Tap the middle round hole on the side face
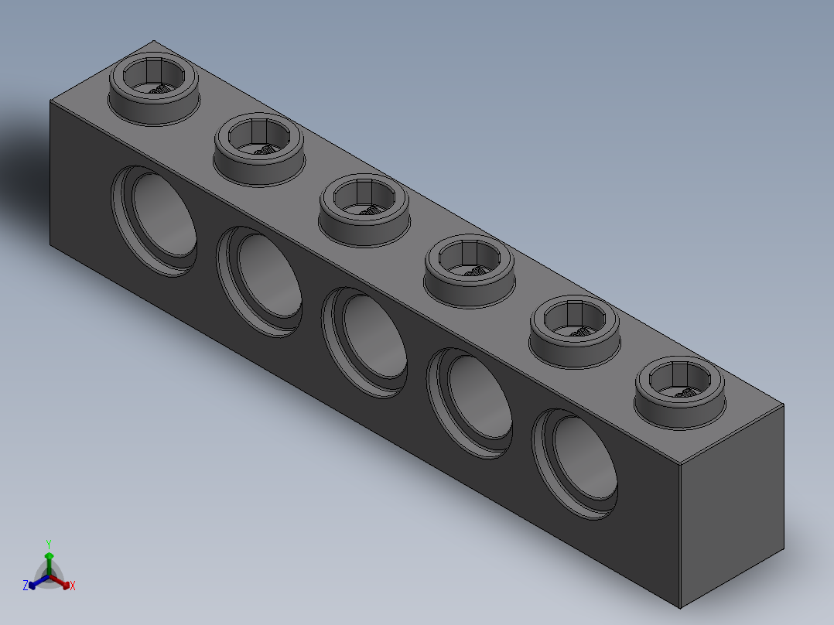tap(365, 342)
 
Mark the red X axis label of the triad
tap(73, 586)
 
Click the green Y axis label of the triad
tap(49, 543)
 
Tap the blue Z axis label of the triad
tap(26, 586)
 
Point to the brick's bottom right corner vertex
tap(681, 609)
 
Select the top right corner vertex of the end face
tap(784, 405)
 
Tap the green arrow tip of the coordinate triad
tap(49, 555)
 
